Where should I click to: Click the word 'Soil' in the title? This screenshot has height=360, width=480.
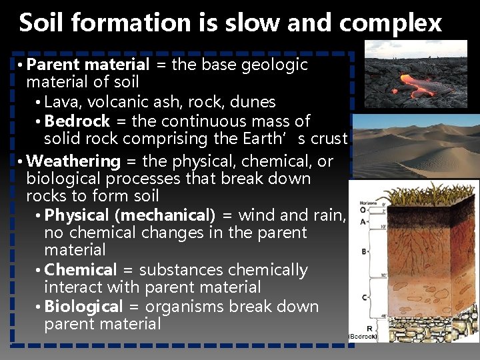click(x=41, y=23)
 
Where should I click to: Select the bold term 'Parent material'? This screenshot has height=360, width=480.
click(x=89, y=65)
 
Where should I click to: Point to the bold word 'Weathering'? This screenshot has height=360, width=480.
click(x=74, y=161)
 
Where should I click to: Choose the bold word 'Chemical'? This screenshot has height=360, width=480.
click(x=80, y=270)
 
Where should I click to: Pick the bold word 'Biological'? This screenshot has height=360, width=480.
click(x=83, y=307)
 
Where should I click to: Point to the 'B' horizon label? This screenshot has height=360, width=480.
click(x=363, y=252)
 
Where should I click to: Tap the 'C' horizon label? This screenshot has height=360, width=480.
click(x=363, y=297)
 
